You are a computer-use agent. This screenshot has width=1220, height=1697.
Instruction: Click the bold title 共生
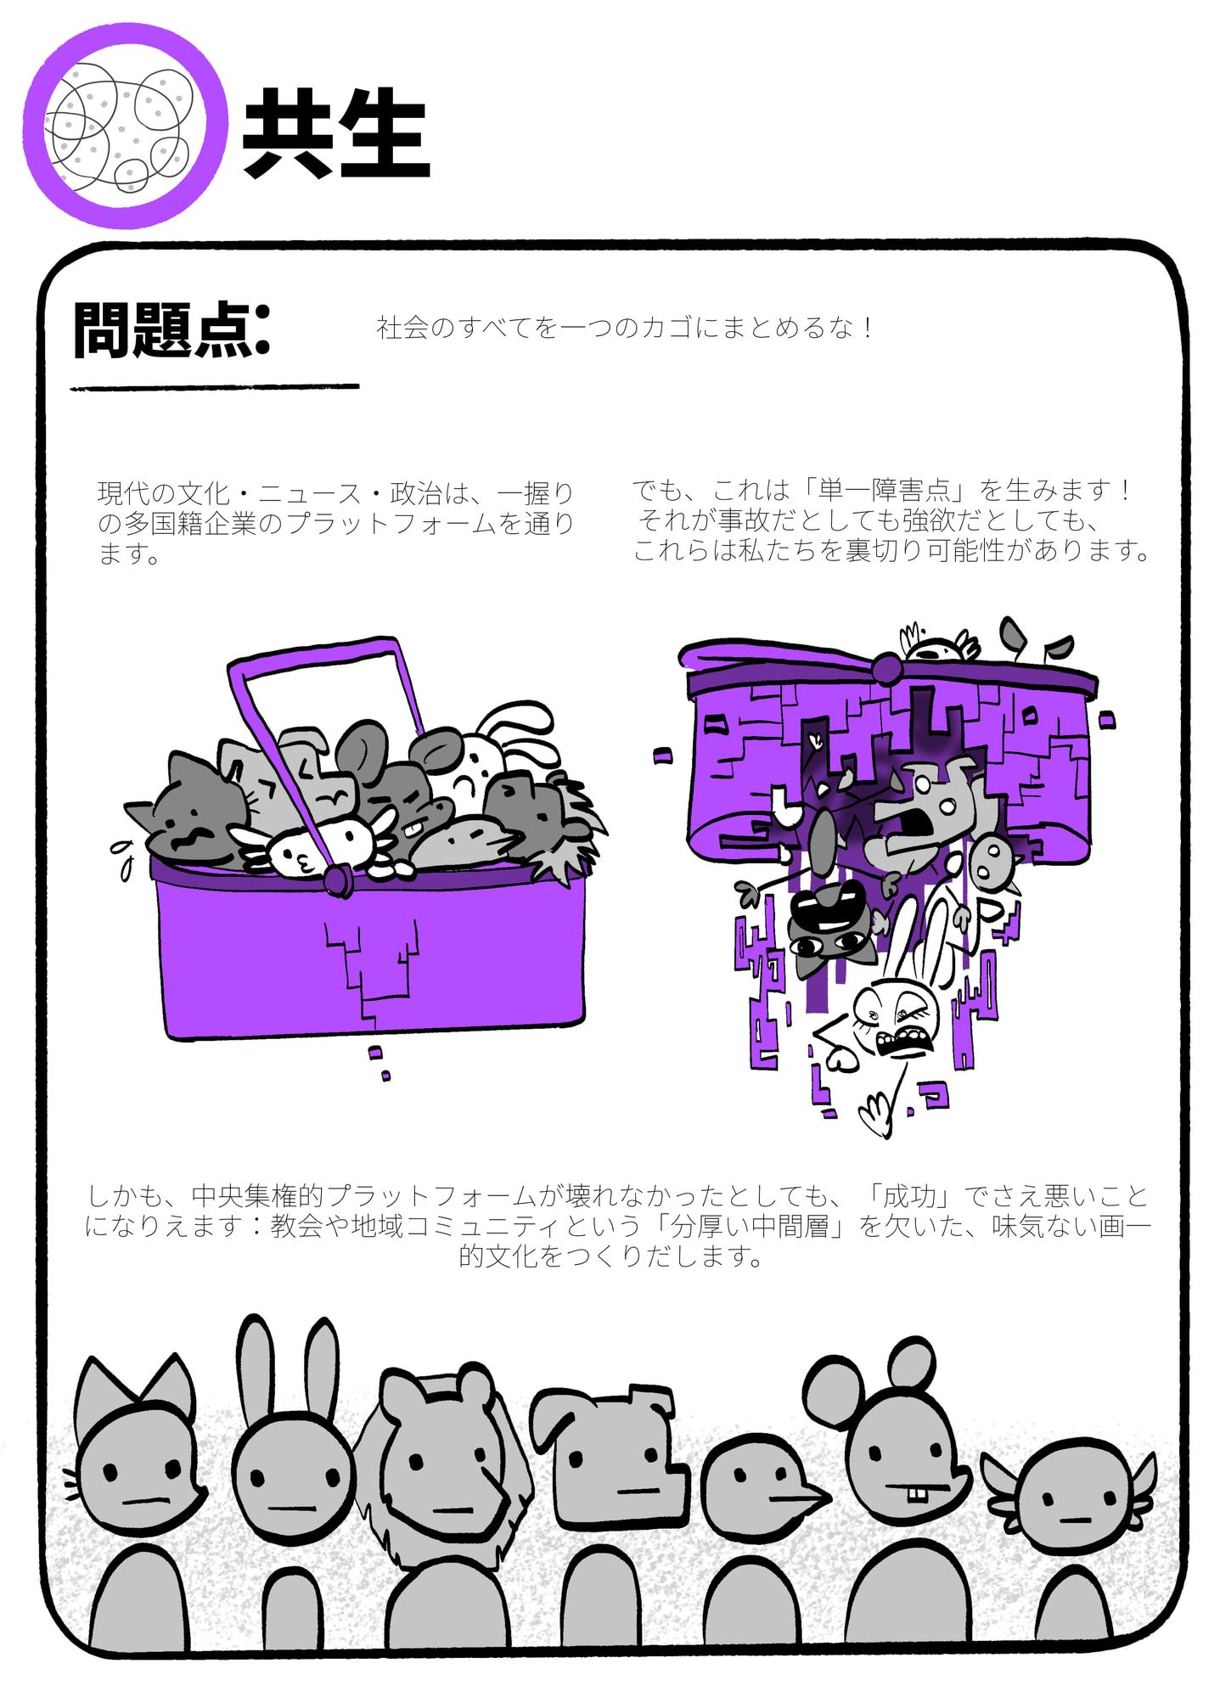tap(336, 133)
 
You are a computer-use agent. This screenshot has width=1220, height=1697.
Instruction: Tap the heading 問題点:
tap(171, 329)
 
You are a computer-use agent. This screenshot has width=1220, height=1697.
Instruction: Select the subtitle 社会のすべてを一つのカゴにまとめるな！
tap(625, 328)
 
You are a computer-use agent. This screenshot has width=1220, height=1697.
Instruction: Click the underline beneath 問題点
tap(215, 387)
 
